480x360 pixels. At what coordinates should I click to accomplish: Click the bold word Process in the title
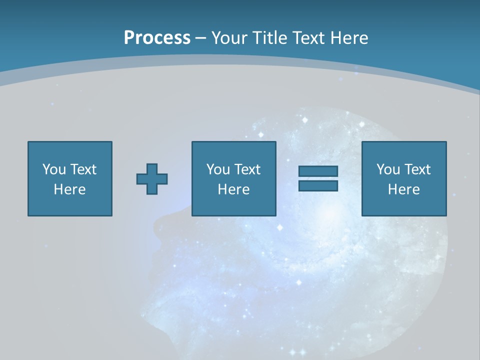pyautogui.click(x=157, y=38)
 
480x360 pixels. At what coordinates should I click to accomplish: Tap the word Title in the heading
pyautogui.click(x=270, y=38)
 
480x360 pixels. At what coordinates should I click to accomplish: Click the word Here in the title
pyautogui.click(x=350, y=38)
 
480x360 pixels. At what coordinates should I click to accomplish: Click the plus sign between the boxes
pyautogui.click(x=152, y=178)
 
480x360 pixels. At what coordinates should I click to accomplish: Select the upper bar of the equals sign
pyautogui.click(x=318, y=171)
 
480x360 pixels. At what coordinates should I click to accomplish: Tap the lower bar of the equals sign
pyautogui.click(x=318, y=185)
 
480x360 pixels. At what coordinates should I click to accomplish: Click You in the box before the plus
pyautogui.click(x=53, y=169)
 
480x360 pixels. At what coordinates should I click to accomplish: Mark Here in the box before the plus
pyautogui.click(x=69, y=189)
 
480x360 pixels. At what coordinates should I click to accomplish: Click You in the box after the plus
pyautogui.click(x=217, y=169)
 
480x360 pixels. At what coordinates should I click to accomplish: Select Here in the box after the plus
pyautogui.click(x=233, y=189)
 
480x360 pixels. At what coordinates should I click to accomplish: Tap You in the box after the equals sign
pyautogui.click(x=387, y=169)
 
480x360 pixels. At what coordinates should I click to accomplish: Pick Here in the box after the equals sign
pyautogui.click(x=403, y=189)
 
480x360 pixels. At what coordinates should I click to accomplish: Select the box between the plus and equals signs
pyautogui.click(x=233, y=205)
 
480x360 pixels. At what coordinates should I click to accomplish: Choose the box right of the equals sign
pyautogui.click(x=403, y=205)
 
